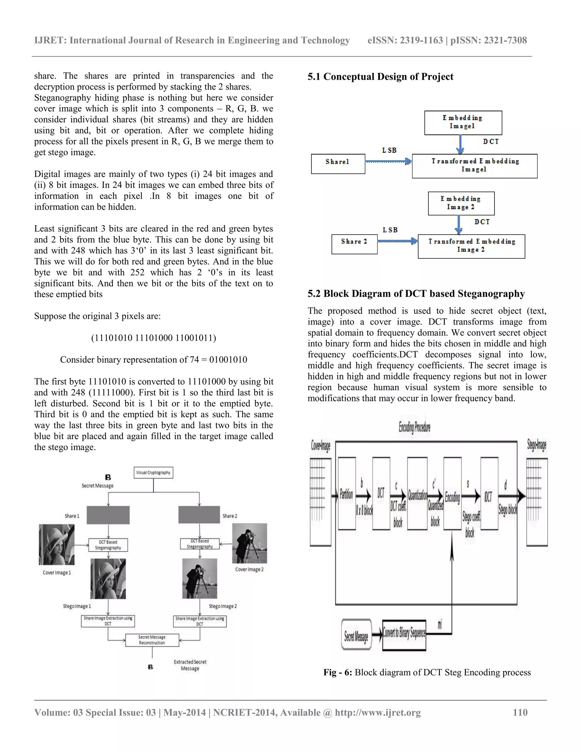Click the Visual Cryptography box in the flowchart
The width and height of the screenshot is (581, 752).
[153, 472]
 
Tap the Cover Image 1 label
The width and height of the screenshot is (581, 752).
[56, 573]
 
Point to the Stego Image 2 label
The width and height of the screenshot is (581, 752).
[223, 606]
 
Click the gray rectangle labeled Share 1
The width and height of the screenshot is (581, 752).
[108, 515]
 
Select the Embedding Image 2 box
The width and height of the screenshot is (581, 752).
[461, 203]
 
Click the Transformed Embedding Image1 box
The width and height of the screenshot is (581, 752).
[474, 166]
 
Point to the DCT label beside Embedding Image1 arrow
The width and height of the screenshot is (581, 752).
[491, 142]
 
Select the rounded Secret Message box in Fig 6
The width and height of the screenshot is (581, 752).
[356, 634]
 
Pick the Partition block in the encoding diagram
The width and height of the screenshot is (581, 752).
[347, 494]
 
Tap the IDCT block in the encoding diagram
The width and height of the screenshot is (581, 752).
[489, 494]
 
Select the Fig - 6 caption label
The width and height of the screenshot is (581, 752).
[337, 673]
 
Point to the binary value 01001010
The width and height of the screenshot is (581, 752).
[228, 360]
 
